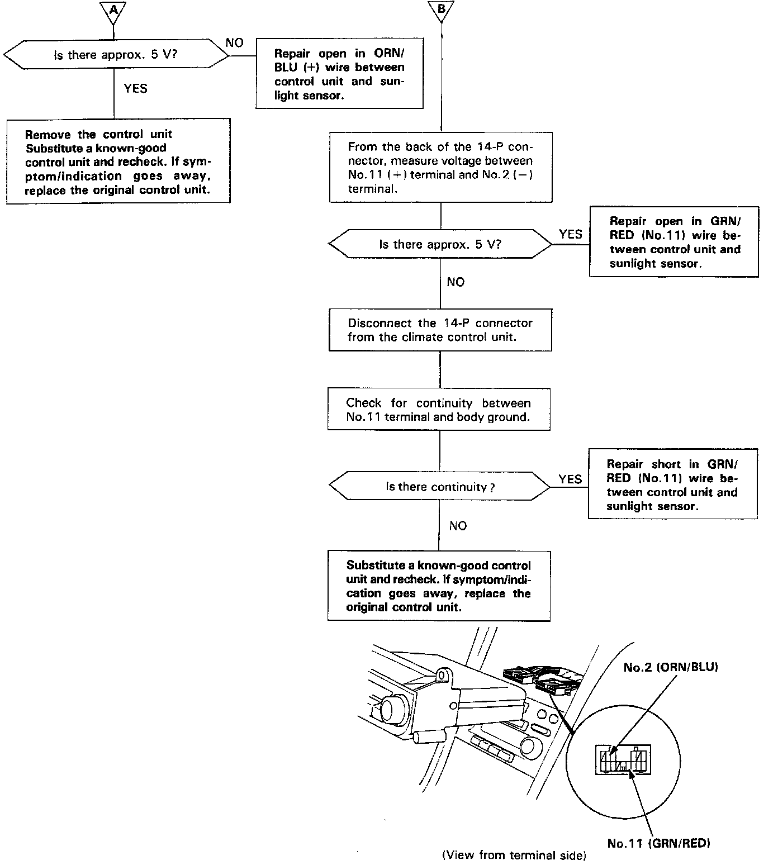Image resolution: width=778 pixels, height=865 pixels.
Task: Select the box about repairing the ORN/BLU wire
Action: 339,74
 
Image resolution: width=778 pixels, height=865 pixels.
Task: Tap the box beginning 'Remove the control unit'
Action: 118,161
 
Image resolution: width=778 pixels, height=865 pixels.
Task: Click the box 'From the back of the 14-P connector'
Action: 440,167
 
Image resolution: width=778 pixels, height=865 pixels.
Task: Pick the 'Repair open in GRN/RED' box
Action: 673,241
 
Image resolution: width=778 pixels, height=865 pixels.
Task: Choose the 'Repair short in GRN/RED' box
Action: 672,484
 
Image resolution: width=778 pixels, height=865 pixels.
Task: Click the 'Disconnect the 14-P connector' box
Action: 440,330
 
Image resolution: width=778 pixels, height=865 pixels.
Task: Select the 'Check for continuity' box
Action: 439,410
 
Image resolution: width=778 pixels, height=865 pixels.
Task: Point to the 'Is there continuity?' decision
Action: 440,487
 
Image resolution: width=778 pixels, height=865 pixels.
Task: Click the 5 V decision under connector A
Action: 116,55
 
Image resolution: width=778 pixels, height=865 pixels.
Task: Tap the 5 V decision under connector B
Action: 440,244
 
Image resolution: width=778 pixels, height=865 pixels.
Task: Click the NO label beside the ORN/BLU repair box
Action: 235,43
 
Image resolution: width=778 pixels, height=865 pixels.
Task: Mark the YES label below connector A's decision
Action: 136,88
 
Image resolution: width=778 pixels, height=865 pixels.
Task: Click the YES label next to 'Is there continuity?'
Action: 570,479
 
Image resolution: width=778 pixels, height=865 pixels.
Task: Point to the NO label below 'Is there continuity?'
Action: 458,525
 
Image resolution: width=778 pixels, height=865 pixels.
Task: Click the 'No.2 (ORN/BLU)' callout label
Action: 671,667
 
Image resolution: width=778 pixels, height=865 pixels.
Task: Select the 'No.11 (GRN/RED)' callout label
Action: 658,843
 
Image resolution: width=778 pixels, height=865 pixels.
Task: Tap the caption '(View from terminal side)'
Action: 514,855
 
